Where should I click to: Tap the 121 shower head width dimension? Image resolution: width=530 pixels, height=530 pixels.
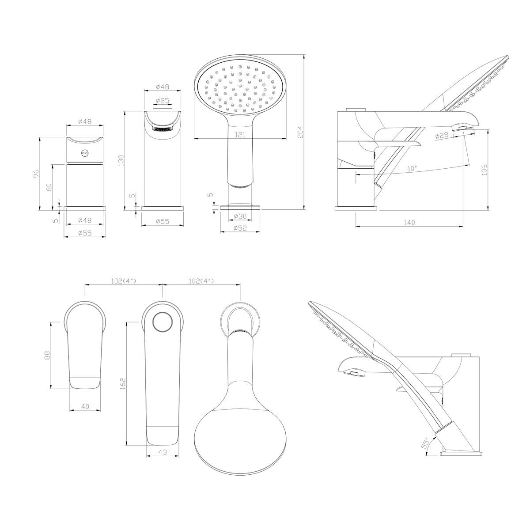240,135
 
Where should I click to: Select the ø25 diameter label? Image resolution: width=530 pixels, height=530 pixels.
162,101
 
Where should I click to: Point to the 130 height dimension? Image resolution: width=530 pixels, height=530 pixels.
121,160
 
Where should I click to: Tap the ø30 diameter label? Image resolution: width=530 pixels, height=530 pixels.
240,216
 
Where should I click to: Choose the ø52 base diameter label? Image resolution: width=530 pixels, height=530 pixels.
240,228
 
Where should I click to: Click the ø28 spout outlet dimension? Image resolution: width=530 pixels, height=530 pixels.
442,135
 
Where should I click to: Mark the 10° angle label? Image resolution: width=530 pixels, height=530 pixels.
412,168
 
